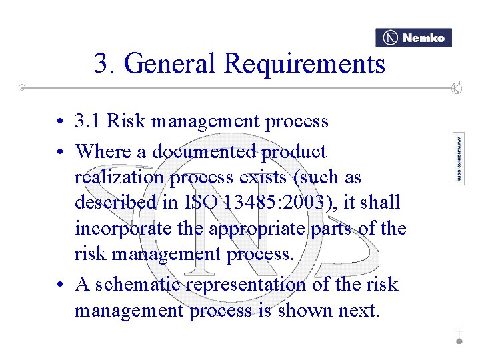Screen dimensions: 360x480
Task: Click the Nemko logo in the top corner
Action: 413,38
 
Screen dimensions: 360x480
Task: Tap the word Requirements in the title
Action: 305,64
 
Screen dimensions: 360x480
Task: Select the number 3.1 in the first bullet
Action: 89,121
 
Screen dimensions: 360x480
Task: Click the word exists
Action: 255,177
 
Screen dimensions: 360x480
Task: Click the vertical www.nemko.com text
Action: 459,159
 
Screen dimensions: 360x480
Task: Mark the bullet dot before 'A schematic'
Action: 61,285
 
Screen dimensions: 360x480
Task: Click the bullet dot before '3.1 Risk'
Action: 61,122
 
